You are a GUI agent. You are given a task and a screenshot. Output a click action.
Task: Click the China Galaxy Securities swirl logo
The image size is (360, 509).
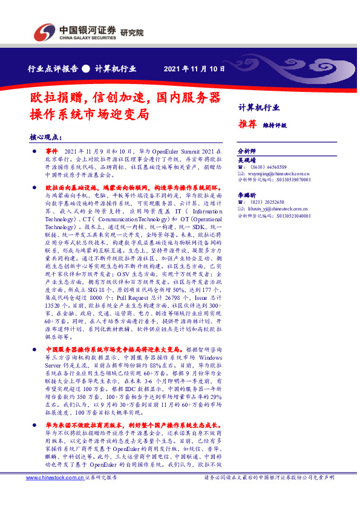42,32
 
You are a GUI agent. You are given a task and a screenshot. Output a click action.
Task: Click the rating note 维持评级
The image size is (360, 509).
274,126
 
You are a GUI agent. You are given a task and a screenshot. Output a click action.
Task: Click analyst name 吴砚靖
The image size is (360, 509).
247,160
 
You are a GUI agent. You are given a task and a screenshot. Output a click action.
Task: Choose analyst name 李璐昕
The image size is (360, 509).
247,196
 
